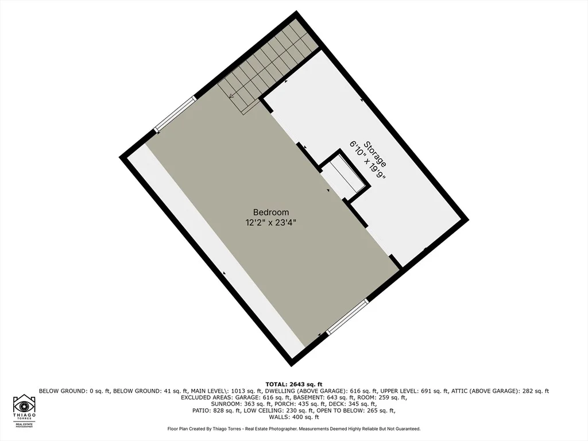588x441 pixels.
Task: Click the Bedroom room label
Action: [x=271, y=212]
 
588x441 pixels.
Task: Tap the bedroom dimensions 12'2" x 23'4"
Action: [x=271, y=223]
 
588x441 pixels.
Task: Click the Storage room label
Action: [x=376, y=154]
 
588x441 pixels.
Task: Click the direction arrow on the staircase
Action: [x=232, y=96]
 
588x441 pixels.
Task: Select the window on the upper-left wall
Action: [x=176, y=114]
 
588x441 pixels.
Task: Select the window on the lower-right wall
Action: [x=347, y=316]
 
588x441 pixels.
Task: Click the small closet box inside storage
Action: [x=345, y=176]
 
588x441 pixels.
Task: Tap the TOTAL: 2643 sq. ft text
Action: [x=293, y=384]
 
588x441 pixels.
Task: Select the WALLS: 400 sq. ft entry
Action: [x=293, y=417]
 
